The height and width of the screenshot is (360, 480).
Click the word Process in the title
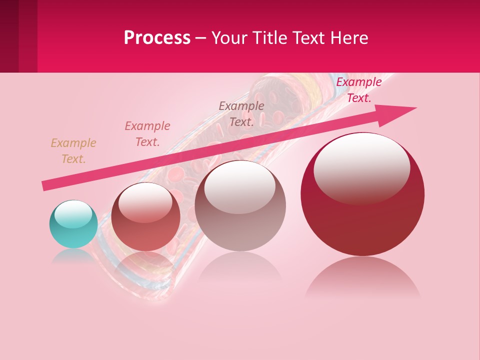(x=157, y=38)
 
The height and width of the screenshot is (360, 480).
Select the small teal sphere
(x=73, y=224)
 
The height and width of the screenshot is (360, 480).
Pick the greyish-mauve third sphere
(x=240, y=210)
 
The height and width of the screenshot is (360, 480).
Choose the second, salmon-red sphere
(x=145, y=220)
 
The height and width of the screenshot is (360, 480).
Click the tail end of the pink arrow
(x=45, y=186)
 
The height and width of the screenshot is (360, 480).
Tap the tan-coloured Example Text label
(x=73, y=151)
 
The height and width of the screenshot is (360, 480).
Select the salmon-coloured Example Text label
(x=147, y=134)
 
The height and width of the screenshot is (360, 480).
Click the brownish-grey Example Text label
(x=241, y=114)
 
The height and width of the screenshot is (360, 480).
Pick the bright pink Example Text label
(x=359, y=90)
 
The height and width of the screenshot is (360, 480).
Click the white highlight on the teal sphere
(x=73, y=214)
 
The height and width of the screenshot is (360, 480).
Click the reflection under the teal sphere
(x=73, y=256)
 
